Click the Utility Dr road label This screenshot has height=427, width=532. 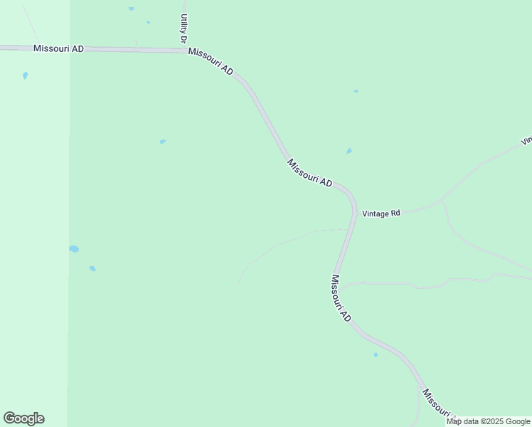coord(183,27)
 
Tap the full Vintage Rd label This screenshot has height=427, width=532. coord(381,213)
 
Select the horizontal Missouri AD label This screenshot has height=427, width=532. coord(58,48)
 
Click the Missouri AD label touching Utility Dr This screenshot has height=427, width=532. coord(211,63)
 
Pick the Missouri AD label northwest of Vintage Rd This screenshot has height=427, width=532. coord(309,174)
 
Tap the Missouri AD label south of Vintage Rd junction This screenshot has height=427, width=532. coord(341,297)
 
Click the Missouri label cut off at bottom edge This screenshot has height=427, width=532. coord(436,403)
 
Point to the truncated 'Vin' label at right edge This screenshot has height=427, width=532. coord(526,141)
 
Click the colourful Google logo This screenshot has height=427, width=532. coord(23,418)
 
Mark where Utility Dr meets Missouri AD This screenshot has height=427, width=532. coord(185,51)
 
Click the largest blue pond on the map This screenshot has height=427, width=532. coord(74,249)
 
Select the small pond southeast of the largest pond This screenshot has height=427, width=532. coord(92,268)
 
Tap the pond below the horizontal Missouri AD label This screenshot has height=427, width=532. coord(25,75)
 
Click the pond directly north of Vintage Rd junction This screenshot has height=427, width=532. coord(349,151)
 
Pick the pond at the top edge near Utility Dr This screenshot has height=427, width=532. coord(131,9)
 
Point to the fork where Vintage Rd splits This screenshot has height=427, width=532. coord(442,202)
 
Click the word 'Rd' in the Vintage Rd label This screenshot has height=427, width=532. coord(395,213)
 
